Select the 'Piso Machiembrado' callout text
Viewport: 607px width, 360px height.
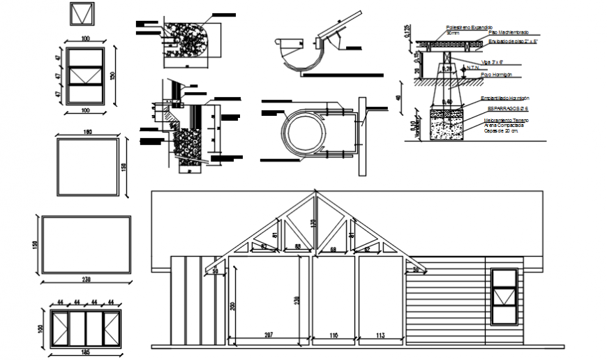[x=509, y=33]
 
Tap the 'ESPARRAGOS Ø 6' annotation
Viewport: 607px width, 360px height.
[x=507, y=109]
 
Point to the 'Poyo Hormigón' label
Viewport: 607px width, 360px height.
[x=497, y=73]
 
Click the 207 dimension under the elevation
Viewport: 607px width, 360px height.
[x=269, y=336]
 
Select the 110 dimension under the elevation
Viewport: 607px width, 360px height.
[x=334, y=336]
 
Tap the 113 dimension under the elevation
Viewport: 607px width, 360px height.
[x=380, y=336]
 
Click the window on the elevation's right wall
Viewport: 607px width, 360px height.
[x=505, y=297]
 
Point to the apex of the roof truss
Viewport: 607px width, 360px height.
[x=313, y=193]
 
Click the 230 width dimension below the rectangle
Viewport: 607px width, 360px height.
[x=87, y=280]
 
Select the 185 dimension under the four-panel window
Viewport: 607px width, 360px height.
[x=85, y=353]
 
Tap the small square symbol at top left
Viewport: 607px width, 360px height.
[x=82, y=13]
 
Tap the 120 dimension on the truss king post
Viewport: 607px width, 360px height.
[x=313, y=225]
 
